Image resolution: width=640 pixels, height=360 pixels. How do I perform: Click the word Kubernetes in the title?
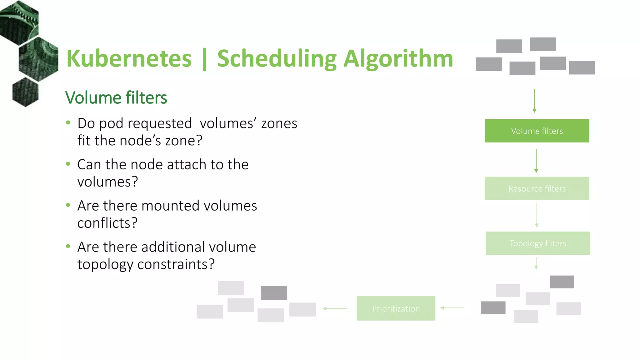click(129, 59)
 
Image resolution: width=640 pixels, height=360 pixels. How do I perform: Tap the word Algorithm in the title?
click(398, 59)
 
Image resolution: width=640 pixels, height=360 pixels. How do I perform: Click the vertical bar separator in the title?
click(205, 59)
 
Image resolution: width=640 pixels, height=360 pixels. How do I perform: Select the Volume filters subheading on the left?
click(116, 98)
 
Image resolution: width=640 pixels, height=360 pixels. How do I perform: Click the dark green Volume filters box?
click(537, 131)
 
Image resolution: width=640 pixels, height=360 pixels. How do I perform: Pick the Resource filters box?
click(537, 188)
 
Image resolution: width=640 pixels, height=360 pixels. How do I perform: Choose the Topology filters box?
click(538, 243)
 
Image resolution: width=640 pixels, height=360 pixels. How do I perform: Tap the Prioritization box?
click(396, 308)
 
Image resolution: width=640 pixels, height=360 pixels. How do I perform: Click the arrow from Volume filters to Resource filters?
click(536, 161)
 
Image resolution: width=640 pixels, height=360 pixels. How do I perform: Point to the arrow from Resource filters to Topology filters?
click(537, 215)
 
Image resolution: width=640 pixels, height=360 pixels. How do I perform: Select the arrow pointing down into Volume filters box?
click(534, 101)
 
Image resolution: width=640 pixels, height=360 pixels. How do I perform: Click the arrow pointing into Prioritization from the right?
click(452, 308)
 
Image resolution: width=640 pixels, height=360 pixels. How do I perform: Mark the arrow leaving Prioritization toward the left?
click(335, 308)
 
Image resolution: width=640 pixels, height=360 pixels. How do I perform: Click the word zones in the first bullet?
click(279, 123)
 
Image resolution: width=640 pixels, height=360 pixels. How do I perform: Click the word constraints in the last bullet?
click(176, 264)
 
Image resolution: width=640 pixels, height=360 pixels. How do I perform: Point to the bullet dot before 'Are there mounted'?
click(68, 205)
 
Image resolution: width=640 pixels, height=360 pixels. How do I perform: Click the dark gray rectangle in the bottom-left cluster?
click(274, 293)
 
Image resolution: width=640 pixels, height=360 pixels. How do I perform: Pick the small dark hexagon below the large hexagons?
click(25, 92)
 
